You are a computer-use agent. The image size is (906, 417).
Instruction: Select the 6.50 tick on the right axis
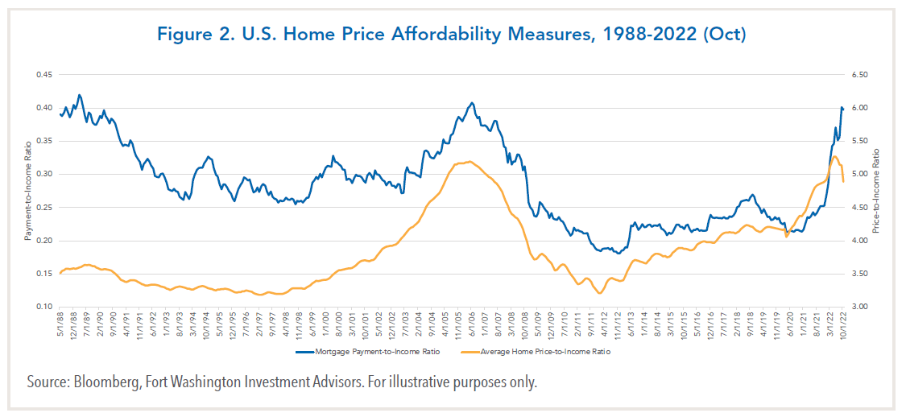pos(858,75)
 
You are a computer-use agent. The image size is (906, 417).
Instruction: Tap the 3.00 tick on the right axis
pos(858,307)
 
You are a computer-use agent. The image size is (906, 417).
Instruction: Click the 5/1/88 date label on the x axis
pos(61,324)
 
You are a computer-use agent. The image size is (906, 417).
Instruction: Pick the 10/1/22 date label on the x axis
pos(843,325)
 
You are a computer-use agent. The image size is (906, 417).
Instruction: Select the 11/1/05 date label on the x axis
pos(458,325)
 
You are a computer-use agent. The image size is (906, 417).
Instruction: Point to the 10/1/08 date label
pos(525,325)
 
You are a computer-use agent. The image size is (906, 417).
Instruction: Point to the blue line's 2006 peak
pos(472,103)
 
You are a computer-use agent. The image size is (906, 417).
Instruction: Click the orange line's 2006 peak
pos(469,161)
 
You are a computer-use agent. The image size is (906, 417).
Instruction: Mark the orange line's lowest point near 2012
pos(598,293)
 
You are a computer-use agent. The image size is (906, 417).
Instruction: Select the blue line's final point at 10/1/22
pos(843,109)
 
